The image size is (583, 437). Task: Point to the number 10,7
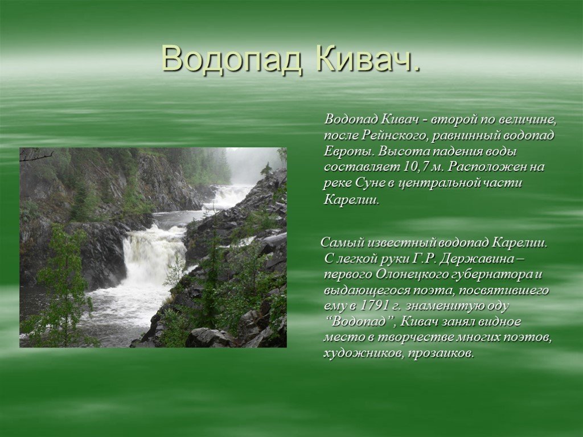coord(415,167)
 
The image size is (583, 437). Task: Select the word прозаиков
coord(441,353)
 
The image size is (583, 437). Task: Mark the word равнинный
coord(467,135)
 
